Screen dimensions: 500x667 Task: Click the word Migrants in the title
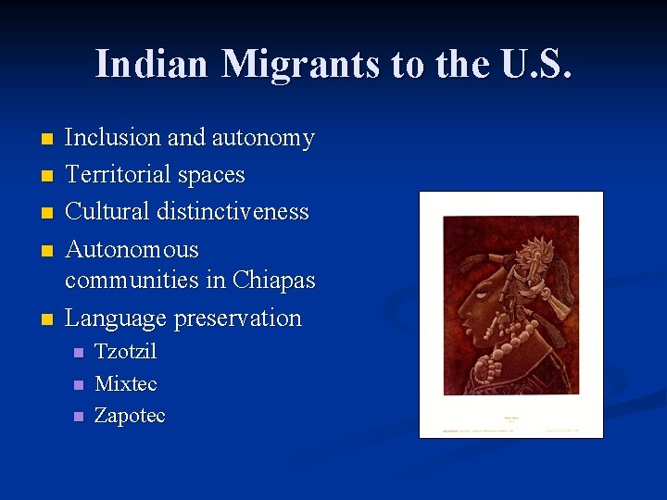(x=301, y=64)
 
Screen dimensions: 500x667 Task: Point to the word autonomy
(x=263, y=138)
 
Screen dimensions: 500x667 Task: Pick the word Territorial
(x=123, y=175)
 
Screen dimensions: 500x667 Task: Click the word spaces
(x=216, y=175)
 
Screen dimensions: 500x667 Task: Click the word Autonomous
(x=132, y=249)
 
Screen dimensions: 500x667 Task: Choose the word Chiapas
(x=274, y=280)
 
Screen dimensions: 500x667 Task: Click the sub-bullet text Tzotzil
(x=126, y=352)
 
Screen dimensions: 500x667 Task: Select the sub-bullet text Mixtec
(x=126, y=383)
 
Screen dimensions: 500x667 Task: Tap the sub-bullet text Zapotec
(x=130, y=416)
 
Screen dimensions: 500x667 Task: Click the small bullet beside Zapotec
(x=78, y=417)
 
